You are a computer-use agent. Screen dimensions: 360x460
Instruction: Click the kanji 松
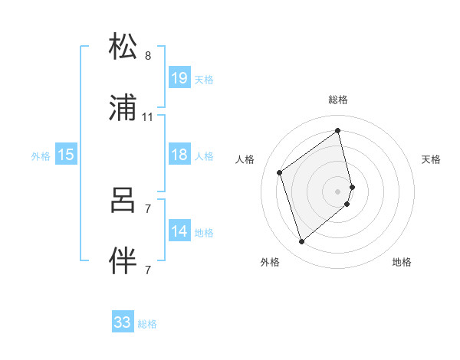click(123, 47)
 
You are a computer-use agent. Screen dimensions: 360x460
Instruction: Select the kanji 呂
click(123, 201)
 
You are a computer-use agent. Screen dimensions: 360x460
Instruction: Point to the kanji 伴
click(123, 261)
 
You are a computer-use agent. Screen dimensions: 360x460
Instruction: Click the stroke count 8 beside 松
click(148, 56)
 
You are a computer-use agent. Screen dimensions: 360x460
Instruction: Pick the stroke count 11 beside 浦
click(148, 117)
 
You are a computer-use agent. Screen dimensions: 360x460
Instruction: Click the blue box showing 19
click(179, 78)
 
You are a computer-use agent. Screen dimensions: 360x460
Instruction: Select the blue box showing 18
click(179, 155)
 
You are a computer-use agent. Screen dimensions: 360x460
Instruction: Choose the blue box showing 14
click(179, 231)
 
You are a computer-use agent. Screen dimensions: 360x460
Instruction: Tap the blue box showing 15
click(66, 155)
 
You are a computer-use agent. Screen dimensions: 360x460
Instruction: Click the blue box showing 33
click(123, 322)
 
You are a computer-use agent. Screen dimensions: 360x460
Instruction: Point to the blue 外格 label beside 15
click(41, 155)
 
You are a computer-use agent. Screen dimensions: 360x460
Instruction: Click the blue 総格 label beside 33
click(147, 324)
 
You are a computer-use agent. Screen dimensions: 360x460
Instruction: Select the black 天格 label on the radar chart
click(432, 159)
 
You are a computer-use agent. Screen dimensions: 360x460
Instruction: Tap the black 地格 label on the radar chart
click(402, 262)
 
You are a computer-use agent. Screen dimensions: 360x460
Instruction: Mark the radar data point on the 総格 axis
click(338, 130)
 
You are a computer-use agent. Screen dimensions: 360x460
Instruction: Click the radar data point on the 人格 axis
click(280, 172)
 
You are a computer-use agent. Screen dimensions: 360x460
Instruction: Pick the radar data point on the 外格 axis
click(302, 242)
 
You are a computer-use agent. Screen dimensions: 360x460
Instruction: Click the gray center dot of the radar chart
click(338, 191)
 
